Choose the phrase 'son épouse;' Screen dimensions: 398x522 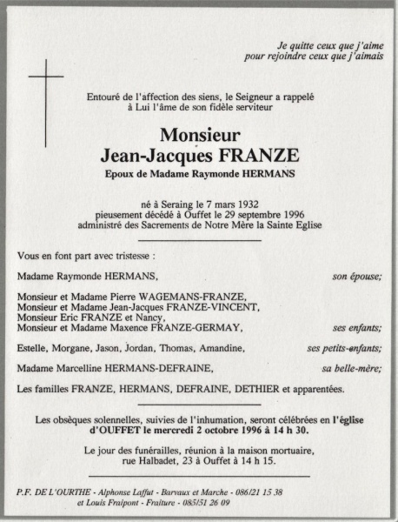click(x=356, y=276)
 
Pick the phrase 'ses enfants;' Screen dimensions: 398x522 click(x=356, y=328)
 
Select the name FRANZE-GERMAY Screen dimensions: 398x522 click(x=201, y=328)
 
